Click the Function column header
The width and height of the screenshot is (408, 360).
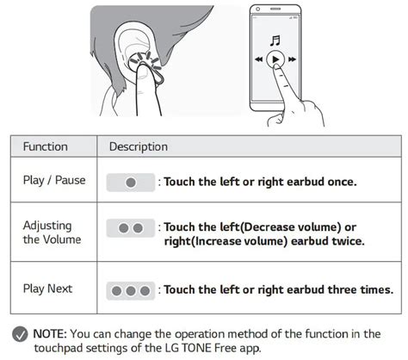coord(46,146)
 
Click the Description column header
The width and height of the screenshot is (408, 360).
coord(139,146)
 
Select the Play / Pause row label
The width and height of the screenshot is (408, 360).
coord(54,180)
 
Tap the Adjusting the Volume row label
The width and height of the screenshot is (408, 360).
coord(52,233)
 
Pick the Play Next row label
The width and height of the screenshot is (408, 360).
coord(47,289)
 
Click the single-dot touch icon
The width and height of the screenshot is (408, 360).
coord(131,183)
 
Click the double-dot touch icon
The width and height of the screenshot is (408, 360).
coord(131,228)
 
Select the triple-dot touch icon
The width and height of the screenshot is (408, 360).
coord(131,291)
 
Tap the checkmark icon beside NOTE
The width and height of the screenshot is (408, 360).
coord(20,334)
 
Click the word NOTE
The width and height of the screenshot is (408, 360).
coord(50,334)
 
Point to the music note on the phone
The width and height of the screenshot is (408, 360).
coord(275,40)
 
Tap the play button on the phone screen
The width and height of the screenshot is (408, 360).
coord(275,59)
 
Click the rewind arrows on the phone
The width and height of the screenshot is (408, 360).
coord(259,59)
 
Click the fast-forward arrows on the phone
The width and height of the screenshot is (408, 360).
coord(292,59)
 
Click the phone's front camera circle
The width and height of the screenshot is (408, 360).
coord(257,9)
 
